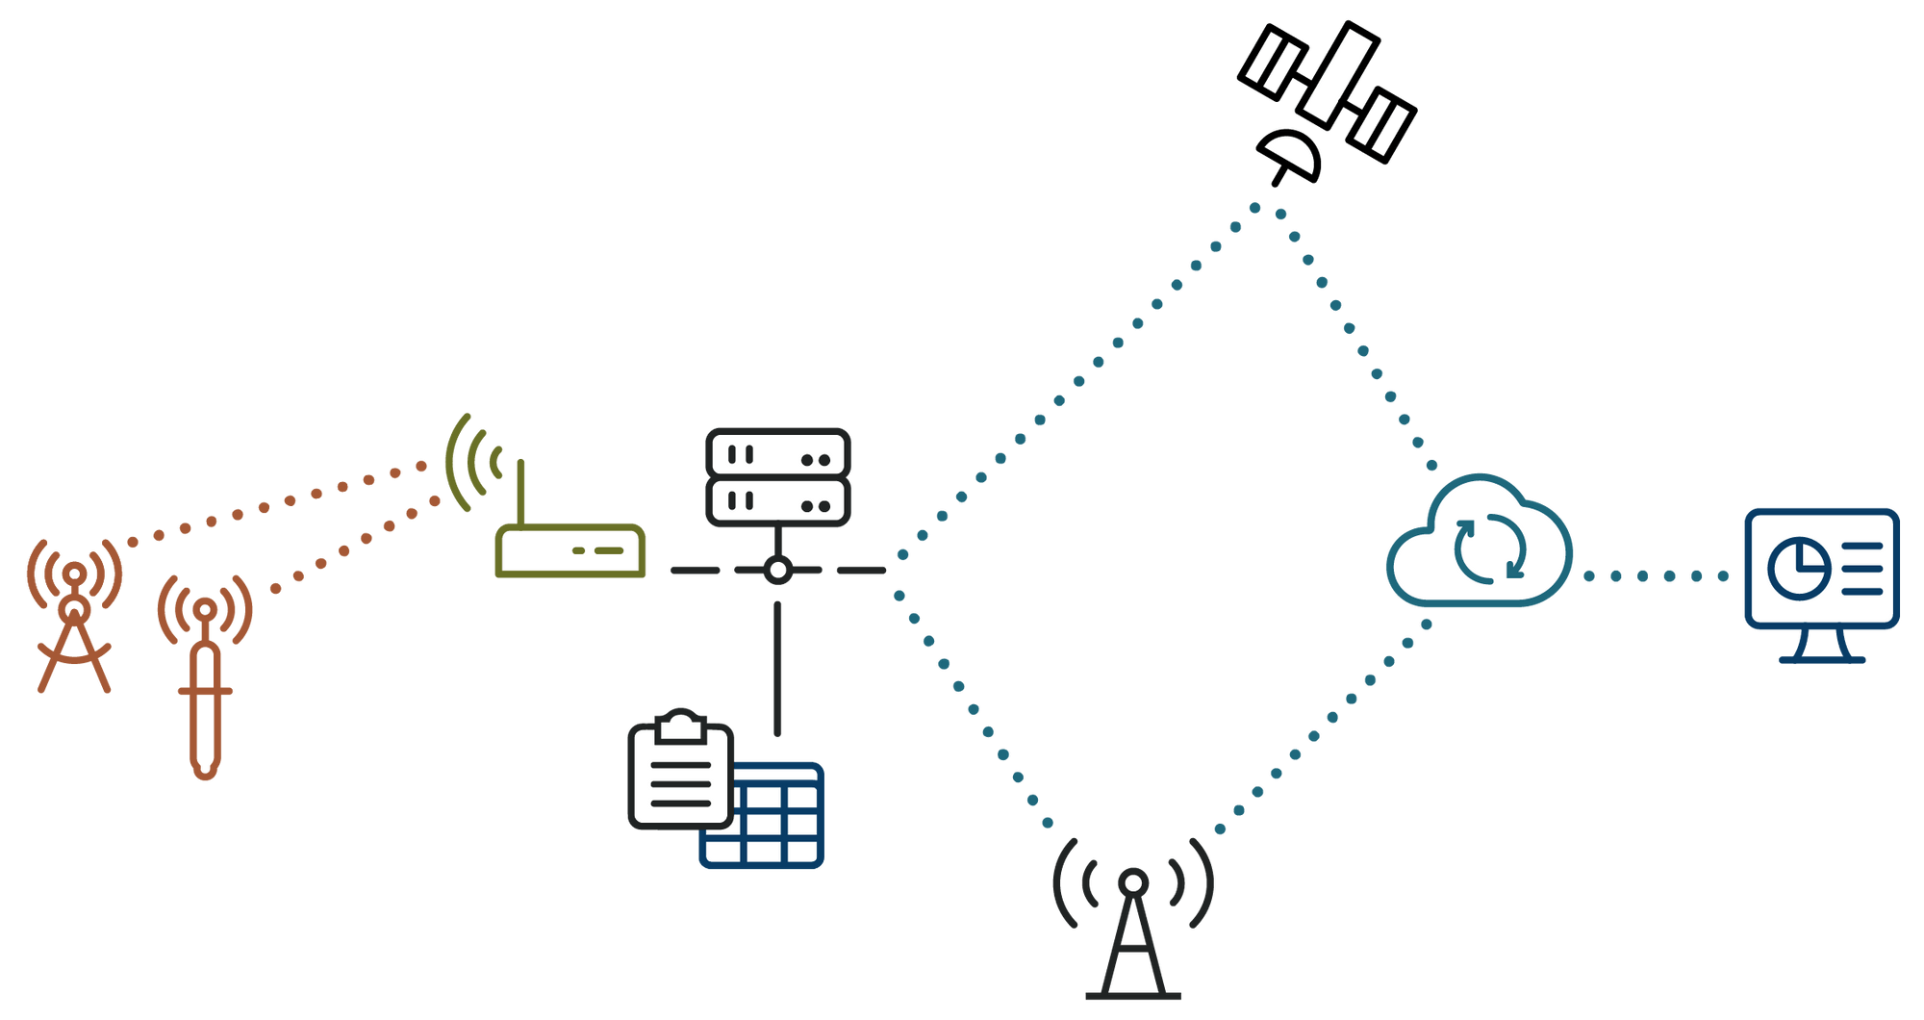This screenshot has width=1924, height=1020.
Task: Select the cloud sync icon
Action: pos(1479,544)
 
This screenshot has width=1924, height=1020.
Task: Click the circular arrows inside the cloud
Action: pos(1489,549)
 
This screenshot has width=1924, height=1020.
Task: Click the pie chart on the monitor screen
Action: pos(1798,568)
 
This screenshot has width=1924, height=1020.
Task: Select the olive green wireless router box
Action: pos(570,552)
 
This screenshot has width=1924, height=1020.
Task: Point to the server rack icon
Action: pos(777,477)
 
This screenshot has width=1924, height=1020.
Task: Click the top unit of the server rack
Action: pos(777,454)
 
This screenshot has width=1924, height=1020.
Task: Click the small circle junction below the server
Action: pos(777,571)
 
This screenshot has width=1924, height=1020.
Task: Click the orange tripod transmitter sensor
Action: pos(74,616)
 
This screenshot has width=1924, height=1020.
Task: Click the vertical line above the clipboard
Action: pos(777,669)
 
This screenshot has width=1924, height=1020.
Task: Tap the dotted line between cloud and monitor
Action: pos(1656,576)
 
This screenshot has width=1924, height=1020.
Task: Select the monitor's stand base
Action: pos(1821,659)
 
